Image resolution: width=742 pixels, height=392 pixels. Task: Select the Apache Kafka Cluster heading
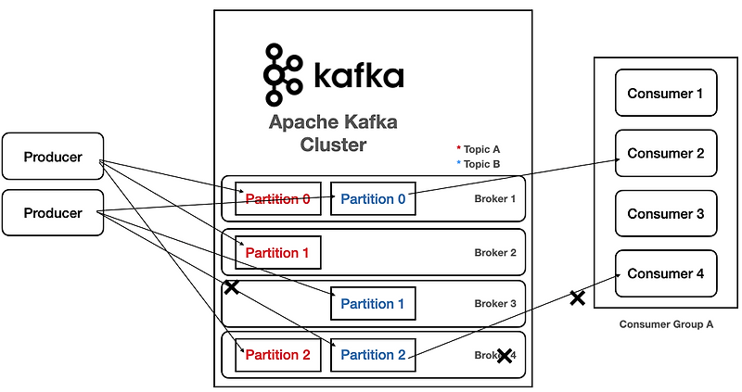tap(333, 133)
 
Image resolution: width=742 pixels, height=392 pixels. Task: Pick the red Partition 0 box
tap(277, 198)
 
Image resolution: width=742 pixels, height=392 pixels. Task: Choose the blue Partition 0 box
tap(373, 198)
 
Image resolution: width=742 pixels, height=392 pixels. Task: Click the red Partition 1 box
tap(277, 251)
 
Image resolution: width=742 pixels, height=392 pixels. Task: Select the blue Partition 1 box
tap(373, 303)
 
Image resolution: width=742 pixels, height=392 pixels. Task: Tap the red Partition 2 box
tap(277, 355)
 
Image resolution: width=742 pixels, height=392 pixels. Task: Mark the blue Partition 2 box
tap(373, 355)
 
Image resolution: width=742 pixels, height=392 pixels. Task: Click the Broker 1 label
tap(494, 199)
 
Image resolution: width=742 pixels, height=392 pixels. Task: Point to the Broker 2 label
tap(494, 252)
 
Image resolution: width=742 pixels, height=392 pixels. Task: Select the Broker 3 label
tap(494, 304)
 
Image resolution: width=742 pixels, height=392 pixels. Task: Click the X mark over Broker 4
tap(505, 355)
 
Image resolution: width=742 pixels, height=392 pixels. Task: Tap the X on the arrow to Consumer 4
tap(577, 297)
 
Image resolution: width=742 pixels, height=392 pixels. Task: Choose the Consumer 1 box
tap(666, 94)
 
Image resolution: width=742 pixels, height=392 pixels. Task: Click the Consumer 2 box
tap(666, 154)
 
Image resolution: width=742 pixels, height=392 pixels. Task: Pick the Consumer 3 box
tap(666, 214)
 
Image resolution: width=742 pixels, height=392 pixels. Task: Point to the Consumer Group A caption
tap(666, 325)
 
